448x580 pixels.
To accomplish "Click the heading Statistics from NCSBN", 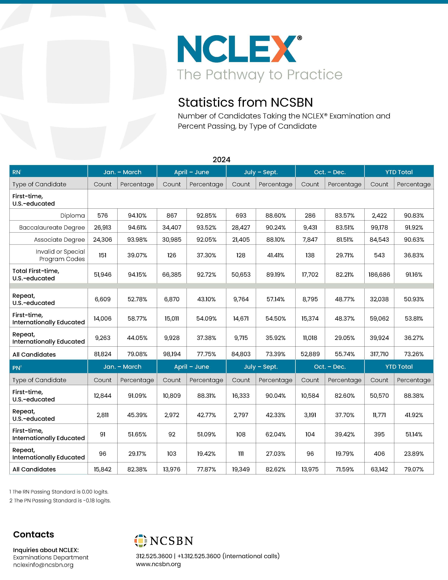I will point(245,102).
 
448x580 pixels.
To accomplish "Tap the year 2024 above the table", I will point(221,160).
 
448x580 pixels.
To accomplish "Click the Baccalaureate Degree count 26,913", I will point(102,228).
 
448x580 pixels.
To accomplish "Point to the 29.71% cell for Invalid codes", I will point(345,255).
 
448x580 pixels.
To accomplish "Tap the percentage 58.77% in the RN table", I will point(137,318).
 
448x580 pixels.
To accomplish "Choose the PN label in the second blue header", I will point(17,368).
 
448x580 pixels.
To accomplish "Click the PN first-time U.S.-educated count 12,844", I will point(102,396).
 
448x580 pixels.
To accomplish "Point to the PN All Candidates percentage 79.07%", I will point(414,469).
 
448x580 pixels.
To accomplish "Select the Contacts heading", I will point(33,534).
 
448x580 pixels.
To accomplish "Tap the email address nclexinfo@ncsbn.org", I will point(43,565).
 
